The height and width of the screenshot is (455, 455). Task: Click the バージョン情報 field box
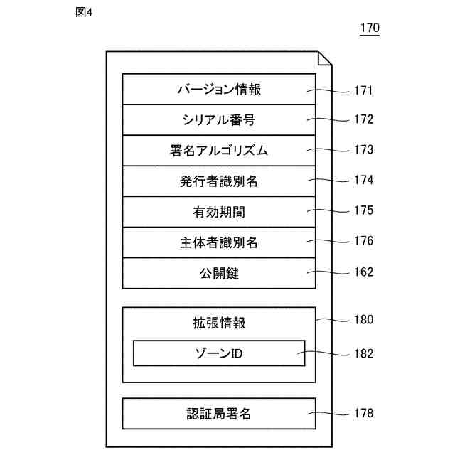(219, 90)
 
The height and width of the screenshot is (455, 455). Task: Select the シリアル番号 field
(219, 119)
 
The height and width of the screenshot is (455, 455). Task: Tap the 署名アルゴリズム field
(219, 150)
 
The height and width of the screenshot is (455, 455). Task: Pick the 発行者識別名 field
(219, 181)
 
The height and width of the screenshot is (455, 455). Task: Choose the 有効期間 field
(219, 211)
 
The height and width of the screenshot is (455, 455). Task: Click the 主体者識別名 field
(219, 242)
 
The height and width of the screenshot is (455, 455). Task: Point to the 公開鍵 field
(219, 272)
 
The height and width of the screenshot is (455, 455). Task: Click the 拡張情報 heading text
(219, 323)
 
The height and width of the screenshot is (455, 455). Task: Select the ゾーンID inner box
(219, 353)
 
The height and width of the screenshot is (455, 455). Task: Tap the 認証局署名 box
(219, 413)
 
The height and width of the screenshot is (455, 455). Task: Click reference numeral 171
(363, 90)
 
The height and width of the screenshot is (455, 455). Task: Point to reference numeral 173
(363, 150)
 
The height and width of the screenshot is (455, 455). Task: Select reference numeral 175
(363, 210)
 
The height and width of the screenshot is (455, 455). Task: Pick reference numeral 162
(363, 271)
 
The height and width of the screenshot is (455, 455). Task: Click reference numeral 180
(363, 319)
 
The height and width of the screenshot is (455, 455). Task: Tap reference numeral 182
(363, 353)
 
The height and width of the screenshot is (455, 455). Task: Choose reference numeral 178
(363, 412)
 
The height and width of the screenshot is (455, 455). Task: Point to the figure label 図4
(84, 13)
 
